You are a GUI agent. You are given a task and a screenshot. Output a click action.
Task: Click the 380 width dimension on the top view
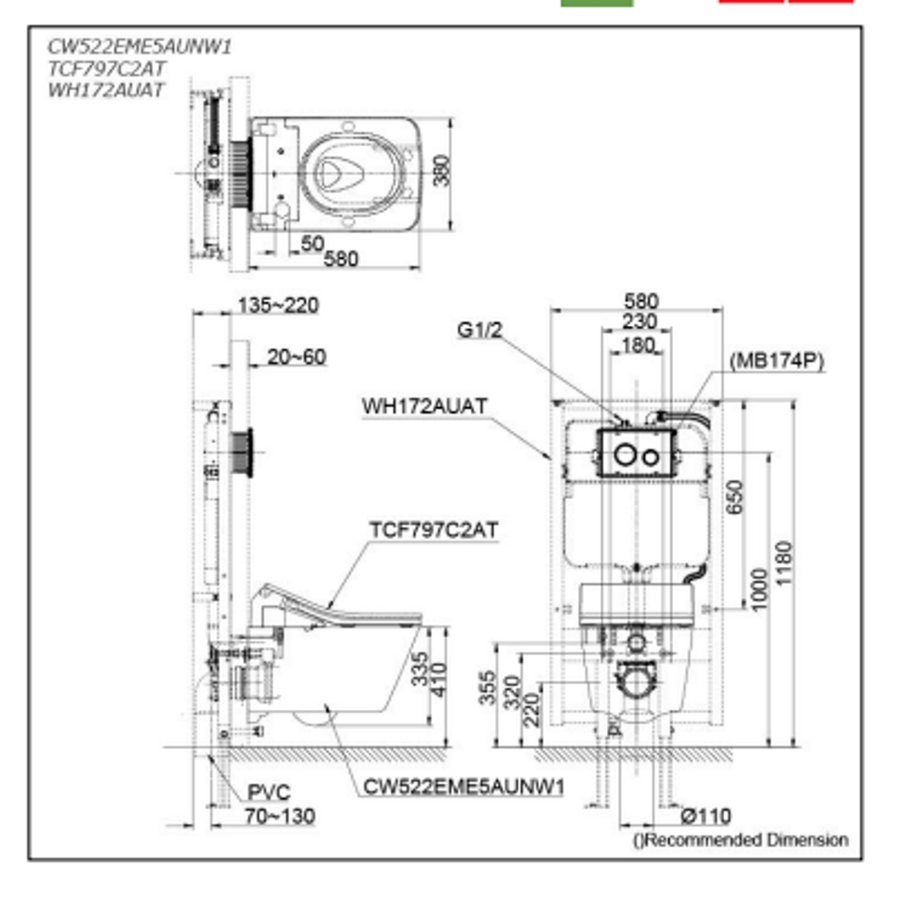point(442,170)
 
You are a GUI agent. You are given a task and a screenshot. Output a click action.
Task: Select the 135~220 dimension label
point(278,306)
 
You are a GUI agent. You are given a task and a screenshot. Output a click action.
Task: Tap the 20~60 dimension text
point(296,358)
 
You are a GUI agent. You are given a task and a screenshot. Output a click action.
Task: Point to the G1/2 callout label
point(480,330)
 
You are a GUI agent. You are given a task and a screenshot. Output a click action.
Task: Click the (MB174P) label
point(777,361)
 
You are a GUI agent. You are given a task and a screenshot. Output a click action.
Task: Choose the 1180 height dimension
point(784,564)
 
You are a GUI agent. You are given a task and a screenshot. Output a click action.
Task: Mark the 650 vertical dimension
point(735,498)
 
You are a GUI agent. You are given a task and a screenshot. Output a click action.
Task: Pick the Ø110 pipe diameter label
point(706,817)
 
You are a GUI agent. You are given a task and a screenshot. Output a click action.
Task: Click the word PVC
point(269,793)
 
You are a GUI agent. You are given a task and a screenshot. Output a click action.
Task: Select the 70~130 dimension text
point(280,817)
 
